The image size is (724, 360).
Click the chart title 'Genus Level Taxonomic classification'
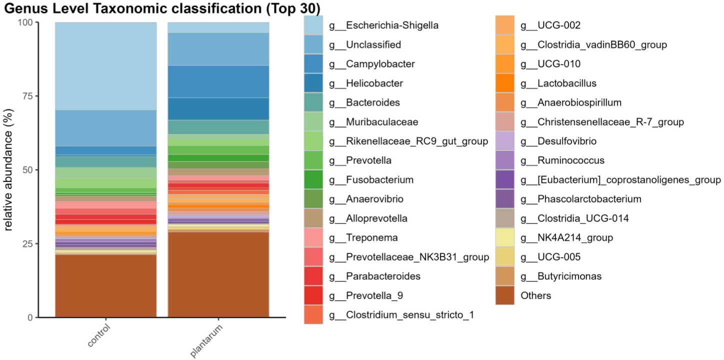click(133, 8)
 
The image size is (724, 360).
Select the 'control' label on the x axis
click(99, 335)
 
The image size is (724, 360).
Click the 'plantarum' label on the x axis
click(206, 340)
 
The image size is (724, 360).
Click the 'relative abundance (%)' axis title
click(8, 169)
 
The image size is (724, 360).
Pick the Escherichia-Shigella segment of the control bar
click(106, 66)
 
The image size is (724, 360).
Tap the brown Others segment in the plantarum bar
click(218, 274)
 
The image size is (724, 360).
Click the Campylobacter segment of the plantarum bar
click(218, 82)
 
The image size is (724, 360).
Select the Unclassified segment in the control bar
click(106, 128)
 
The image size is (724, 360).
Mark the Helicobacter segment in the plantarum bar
click(218, 109)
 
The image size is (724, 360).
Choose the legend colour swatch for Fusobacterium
click(313, 179)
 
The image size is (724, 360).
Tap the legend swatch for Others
click(505, 295)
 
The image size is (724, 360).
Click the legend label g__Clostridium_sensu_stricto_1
click(401, 315)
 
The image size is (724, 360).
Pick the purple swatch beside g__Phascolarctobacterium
click(505, 199)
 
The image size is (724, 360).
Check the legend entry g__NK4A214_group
click(566, 237)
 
